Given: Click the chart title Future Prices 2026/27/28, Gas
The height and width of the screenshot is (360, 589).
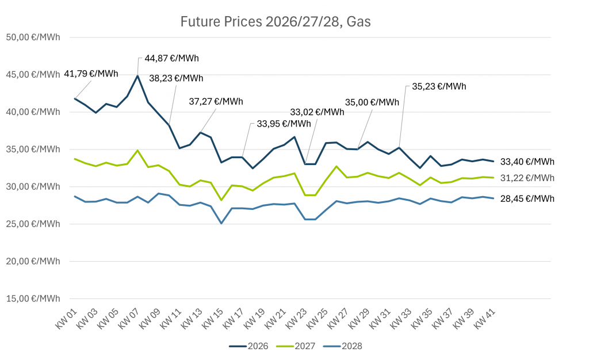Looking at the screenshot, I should pyautogui.click(x=276, y=22).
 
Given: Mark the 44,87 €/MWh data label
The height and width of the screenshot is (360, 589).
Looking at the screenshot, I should pyautogui.click(x=171, y=58).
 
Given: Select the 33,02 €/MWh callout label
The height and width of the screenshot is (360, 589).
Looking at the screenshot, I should pyautogui.click(x=317, y=112).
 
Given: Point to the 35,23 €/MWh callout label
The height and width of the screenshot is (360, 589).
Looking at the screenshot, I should pyautogui.click(x=439, y=87).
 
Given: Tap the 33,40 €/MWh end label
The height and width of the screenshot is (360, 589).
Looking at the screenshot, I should pyautogui.click(x=527, y=162).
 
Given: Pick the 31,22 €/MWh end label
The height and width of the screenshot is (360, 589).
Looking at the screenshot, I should pyautogui.click(x=527, y=178).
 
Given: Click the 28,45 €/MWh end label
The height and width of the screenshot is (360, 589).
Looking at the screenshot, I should pyautogui.click(x=527, y=199).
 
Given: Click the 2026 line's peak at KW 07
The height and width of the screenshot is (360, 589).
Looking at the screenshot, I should pyautogui.click(x=137, y=76).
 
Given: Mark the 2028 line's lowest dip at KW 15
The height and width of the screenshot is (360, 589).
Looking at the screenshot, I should pyautogui.click(x=221, y=223).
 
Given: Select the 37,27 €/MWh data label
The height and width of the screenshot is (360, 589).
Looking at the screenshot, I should pyautogui.click(x=216, y=102).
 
